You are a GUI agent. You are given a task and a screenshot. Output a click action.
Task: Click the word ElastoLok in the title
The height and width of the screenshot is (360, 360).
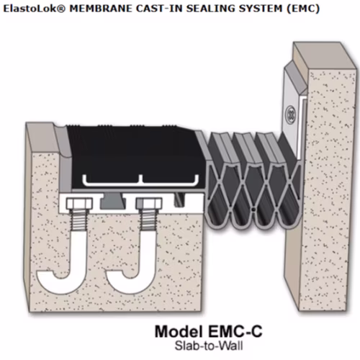[34, 9]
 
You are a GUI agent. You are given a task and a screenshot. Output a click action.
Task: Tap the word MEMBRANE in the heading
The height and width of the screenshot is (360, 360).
[100, 9]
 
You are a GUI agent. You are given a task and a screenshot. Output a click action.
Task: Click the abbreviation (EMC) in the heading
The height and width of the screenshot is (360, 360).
[303, 9]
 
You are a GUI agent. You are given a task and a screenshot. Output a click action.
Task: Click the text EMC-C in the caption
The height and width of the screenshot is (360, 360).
[235, 331]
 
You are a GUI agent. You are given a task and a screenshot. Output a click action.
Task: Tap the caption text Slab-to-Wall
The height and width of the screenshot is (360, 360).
[209, 346]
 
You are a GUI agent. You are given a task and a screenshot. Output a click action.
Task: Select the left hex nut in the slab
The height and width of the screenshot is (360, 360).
[79, 204]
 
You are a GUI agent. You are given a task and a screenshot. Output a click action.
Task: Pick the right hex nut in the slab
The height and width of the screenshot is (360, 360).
[149, 204]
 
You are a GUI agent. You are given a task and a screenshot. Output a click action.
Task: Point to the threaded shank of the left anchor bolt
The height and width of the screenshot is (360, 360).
[79, 220]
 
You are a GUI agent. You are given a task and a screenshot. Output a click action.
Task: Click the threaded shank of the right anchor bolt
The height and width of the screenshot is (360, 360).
[148, 220]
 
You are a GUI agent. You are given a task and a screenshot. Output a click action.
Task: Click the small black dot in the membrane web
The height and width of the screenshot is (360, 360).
[253, 210]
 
